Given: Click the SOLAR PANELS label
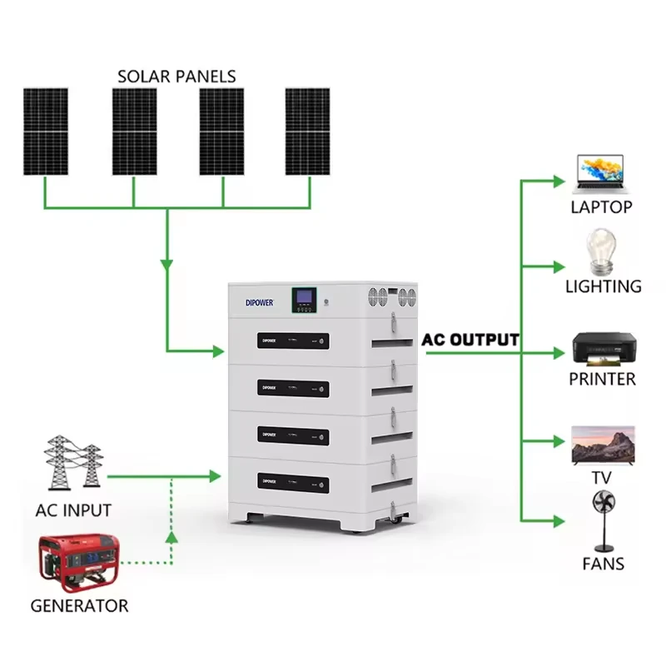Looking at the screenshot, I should (x=176, y=76).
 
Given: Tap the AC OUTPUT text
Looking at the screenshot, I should (x=470, y=340).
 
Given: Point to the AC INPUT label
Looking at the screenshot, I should (x=73, y=509).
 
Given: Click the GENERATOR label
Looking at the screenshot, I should (x=80, y=606).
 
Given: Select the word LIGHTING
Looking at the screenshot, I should (x=604, y=286).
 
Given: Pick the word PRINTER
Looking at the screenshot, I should (x=602, y=380).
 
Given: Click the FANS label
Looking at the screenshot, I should (x=604, y=564).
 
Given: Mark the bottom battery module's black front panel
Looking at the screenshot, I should (x=293, y=481).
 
